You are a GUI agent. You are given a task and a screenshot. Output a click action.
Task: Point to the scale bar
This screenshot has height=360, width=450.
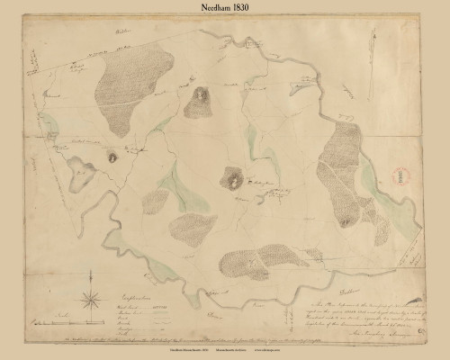coord(58,319)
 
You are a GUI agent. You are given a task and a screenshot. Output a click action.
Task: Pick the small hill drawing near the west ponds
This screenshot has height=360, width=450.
coord(112,155)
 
